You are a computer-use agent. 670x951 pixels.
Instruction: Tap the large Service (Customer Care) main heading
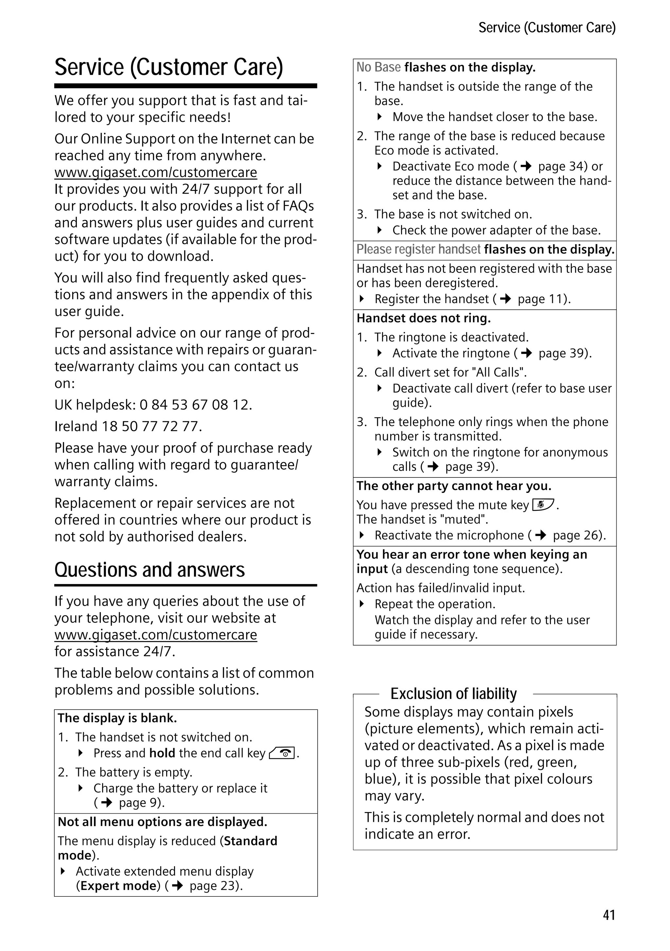click(x=168, y=67)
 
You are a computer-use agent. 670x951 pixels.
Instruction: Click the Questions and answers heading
click(x=150, y=570)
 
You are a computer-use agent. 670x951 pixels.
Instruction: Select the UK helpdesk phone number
click(x=195, y=405)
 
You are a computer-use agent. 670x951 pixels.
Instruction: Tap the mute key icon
click(x=543, y=505)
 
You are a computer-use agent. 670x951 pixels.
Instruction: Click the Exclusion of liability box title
click(x=454, y=693)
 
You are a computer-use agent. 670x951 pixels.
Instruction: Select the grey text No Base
click(x=378, y=67)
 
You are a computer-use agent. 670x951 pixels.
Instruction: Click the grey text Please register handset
click(x=418, y=249)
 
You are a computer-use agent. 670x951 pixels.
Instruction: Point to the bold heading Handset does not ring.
click(x=423, y=318)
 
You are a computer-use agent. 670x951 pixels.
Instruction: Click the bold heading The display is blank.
click(x=117, y=718)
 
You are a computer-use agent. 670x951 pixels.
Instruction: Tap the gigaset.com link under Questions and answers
click(x=156, y=634)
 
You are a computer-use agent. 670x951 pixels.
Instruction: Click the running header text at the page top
click(x=547, y=28)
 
